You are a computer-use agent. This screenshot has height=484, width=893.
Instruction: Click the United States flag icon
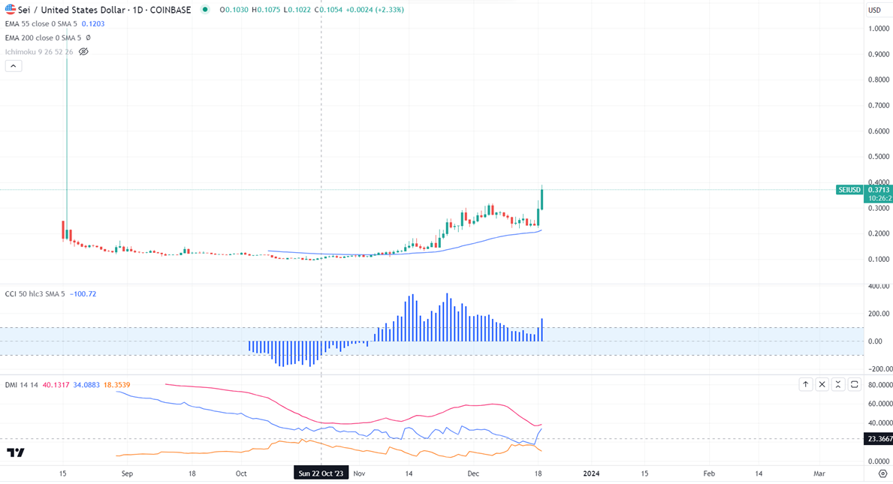pyautogui.click(x=11, y=10)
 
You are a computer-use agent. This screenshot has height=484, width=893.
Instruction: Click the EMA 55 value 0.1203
pyautogui.click(x=93, y=24)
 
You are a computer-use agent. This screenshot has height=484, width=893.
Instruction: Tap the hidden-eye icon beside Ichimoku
pyautogui.click(x=83, y=52)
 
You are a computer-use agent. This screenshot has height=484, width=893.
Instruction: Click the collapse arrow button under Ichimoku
pyautogui.click(x=14, y=66)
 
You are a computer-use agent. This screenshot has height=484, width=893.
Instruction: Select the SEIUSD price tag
pyautogui.click(x=849, y=190)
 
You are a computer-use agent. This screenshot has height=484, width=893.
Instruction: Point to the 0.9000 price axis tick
pyautogui.click(x=879, y=55)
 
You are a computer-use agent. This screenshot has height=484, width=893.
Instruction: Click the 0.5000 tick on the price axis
pyautogui.click(x=879, y=157)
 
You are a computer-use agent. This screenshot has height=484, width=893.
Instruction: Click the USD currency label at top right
pyautogui.click(x=874, y=10)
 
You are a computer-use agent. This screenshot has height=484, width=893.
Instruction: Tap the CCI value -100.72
pyautogui.click(x=83, y=294)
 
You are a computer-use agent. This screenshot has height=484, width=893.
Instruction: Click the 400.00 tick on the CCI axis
pyautogui.click(x=879, y=287)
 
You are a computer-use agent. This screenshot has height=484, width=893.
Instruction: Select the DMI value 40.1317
pyautogui.click(x=56, y=385)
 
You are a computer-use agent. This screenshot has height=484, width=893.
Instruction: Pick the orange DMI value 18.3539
pyautogui.click(x=116, y=385)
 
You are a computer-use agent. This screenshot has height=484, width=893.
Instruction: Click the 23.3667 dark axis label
pyautogui.click(x=879, y=439)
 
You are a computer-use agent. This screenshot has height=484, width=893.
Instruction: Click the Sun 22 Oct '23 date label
pyautogui.click(x=321, y=473)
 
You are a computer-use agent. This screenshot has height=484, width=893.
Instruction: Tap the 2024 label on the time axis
pyautogui.click(x=592, y=473)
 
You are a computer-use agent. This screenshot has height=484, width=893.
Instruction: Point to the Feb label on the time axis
pyautogui.click(x=709, y=473)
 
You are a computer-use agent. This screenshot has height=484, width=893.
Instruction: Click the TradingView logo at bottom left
pyautogui.click(x=16, y=452)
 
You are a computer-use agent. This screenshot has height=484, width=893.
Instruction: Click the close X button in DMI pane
pyautogui.click(x=822, y=384)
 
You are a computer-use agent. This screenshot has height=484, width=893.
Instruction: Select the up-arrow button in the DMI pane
pyautogui.click(x=805, y=384)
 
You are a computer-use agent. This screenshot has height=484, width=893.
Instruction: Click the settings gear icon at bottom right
pyautogui.click(x=882, y=473)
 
